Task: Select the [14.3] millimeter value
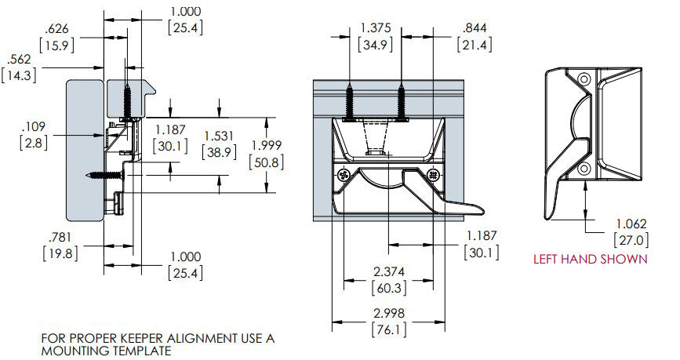coord(17,75)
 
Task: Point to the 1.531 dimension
coord(218,136)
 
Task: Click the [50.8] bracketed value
coord(266,162)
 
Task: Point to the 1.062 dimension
coord(631,224)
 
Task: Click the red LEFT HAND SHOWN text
coord(591,259)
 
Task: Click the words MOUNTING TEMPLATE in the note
coord(106,351)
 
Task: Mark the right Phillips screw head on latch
coord(431,175)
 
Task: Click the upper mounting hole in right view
coord(583,79)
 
